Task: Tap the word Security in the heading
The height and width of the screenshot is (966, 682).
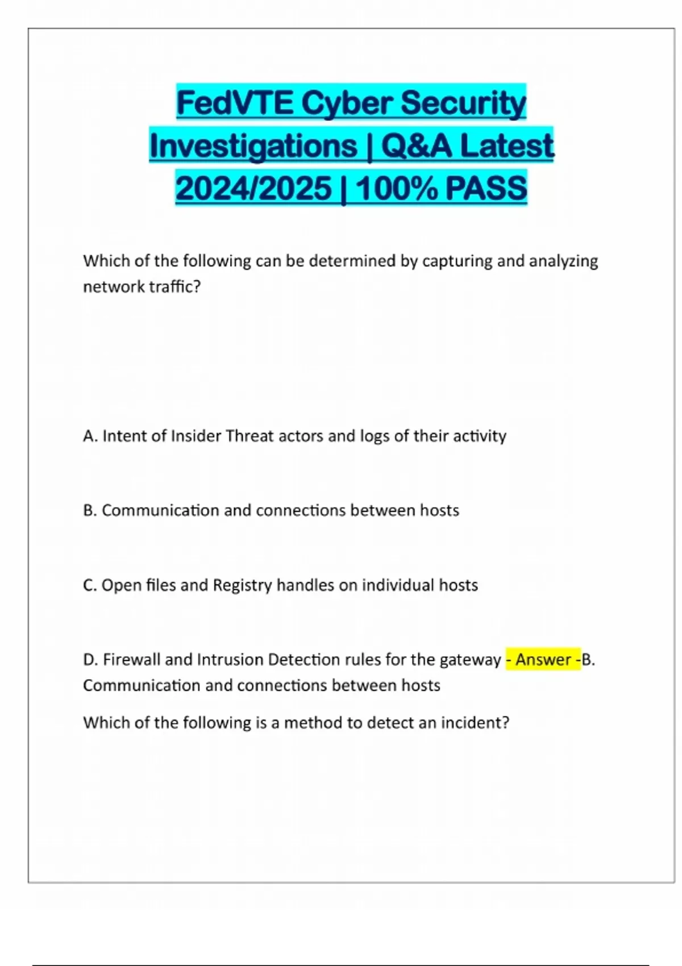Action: point(463,103)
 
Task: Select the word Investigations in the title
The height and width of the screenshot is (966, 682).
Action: point(253,146)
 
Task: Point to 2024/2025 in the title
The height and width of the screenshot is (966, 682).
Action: point(253,189)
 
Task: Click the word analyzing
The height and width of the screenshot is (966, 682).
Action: point(563,261)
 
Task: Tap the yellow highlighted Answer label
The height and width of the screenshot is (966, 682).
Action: point(543,660)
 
